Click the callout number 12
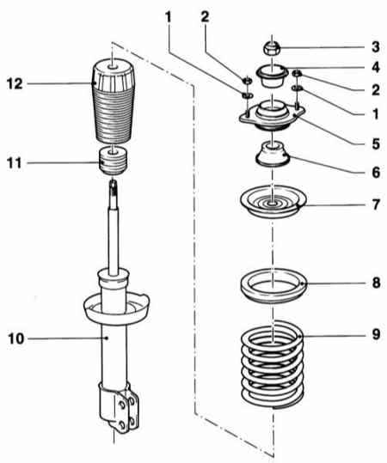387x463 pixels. tap(15, 84)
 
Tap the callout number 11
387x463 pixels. tap(15, 163)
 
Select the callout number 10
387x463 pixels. tap(15, 338)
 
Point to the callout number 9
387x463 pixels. tap(376, 334)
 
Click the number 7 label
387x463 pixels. tap(376, 204)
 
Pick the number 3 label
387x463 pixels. tap(376, 46)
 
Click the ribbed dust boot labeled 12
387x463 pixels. tap(113, 102)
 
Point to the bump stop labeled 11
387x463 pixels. tap(113, 161)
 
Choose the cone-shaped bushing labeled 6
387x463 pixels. tap(273, 154)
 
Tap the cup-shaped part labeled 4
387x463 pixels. tap(272, 76)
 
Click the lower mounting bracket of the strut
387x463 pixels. tap(120, 407)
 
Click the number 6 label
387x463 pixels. tap(376, 173)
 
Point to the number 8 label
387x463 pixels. tap(376, 283)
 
